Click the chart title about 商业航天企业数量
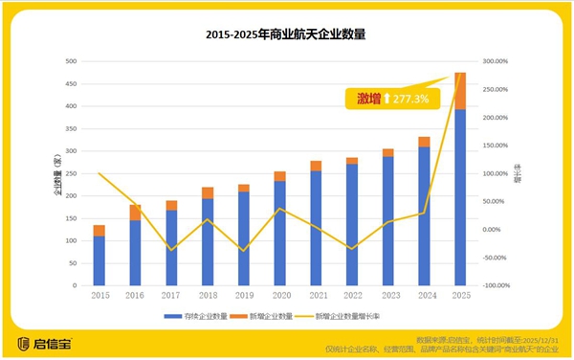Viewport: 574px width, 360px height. [286, 34]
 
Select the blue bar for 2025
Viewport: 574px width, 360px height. [460, 196]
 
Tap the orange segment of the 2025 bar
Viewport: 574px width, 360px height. [460, 91]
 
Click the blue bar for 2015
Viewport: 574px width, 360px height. [99, 260]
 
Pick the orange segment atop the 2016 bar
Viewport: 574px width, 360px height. [136, 213]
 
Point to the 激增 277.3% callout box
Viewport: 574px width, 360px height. [393, 98]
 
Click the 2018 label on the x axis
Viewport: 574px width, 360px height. [208, 296]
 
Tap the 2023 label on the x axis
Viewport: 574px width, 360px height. [387, 296]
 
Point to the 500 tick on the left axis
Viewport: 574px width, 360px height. [71, 61]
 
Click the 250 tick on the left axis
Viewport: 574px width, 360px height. [71, 173]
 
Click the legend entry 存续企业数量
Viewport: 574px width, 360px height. [202, 314]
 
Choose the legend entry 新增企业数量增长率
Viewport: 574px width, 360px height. [367, 314]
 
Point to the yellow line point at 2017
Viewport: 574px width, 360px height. [171, 250]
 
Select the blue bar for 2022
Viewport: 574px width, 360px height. [352, 224]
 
